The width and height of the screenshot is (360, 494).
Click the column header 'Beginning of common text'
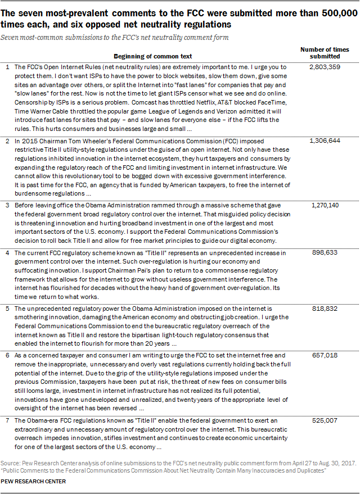pyautogui.click(x=152, y=56)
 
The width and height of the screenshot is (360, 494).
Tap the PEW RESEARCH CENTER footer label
pyautogui.click(x=33, y=482)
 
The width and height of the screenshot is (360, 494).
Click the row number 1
pyautogui.click(x=7, y=66)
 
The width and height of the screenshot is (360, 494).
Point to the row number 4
pyautogui.click(x=7, y=253)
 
